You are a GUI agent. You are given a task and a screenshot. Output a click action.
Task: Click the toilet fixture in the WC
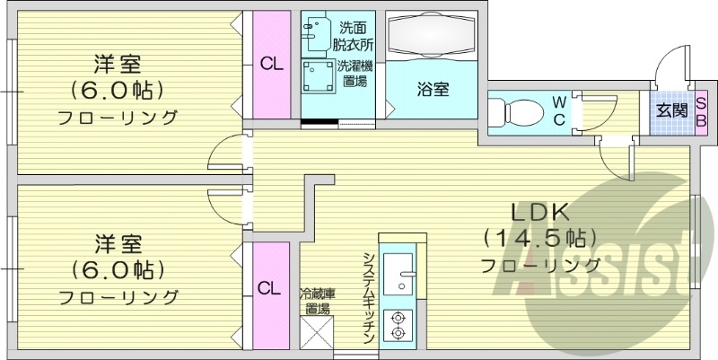(515, 112)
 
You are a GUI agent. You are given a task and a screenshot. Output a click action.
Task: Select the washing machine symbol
(317, 77)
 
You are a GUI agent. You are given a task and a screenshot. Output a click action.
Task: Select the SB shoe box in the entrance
(701, 112)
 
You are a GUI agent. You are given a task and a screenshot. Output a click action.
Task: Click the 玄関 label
(670, 111)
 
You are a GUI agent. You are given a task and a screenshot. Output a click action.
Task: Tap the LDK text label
(540, 214)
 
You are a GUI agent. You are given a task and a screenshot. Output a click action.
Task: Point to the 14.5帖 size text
(540, 239)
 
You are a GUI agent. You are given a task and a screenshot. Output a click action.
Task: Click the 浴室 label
(433, 89)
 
